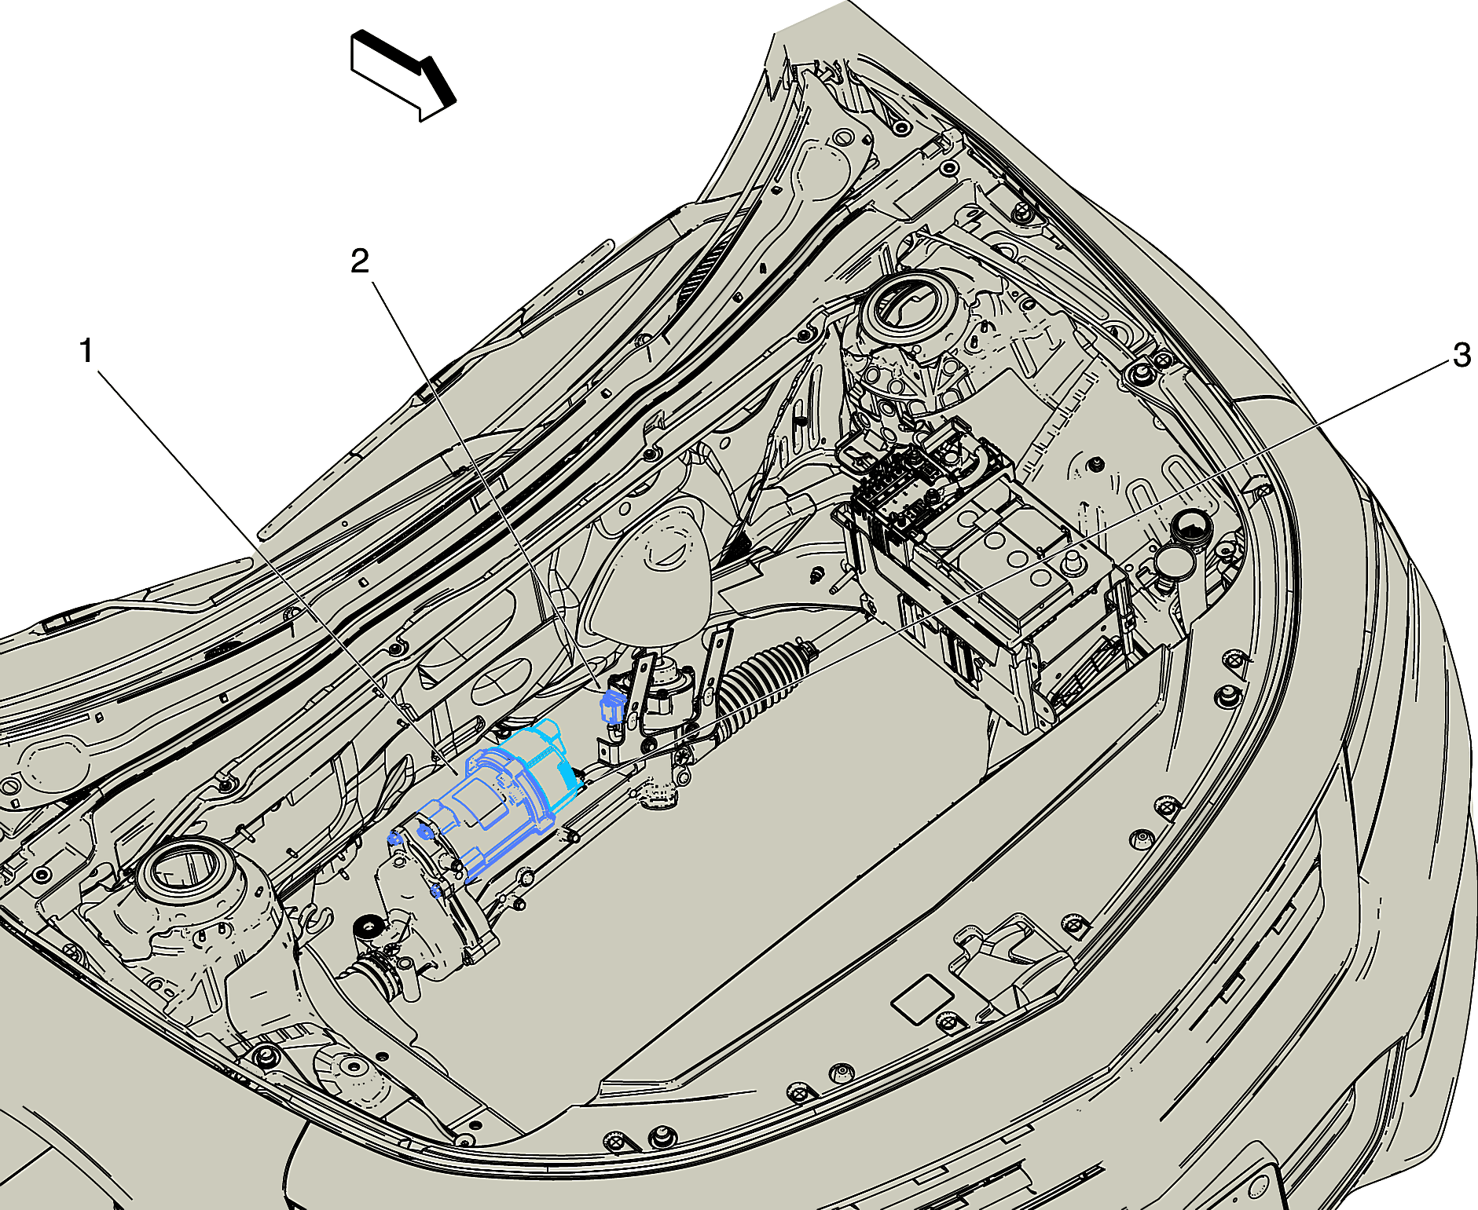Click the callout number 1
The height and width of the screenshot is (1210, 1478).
pyautogui.click(x=87, y=351)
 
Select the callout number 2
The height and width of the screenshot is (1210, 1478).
pyautogui.click(x=360, y=261)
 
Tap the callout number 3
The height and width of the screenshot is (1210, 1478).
pyautogui.click(x=1461, y=355)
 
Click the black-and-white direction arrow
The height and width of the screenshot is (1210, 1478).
pyautogui.click(x=402, y=75)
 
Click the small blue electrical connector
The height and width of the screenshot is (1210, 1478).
pyautogui.click(x=611, y=705)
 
